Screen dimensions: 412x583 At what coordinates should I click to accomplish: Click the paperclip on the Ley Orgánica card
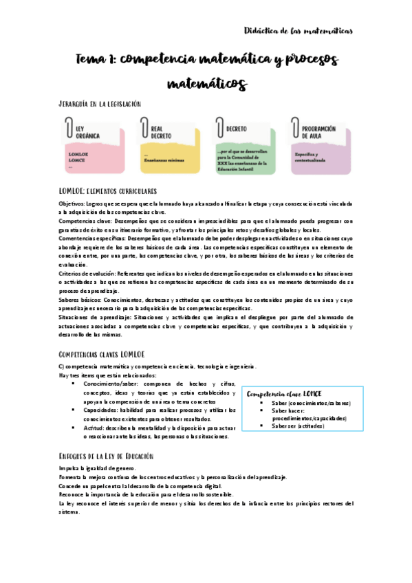[x=68, y=128]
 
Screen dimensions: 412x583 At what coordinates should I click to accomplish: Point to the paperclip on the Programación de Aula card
[x=296, y=128]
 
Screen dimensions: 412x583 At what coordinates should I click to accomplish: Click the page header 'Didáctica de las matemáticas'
[x=299, y=30]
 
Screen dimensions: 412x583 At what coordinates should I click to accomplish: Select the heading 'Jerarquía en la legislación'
[x=100, y=104]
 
